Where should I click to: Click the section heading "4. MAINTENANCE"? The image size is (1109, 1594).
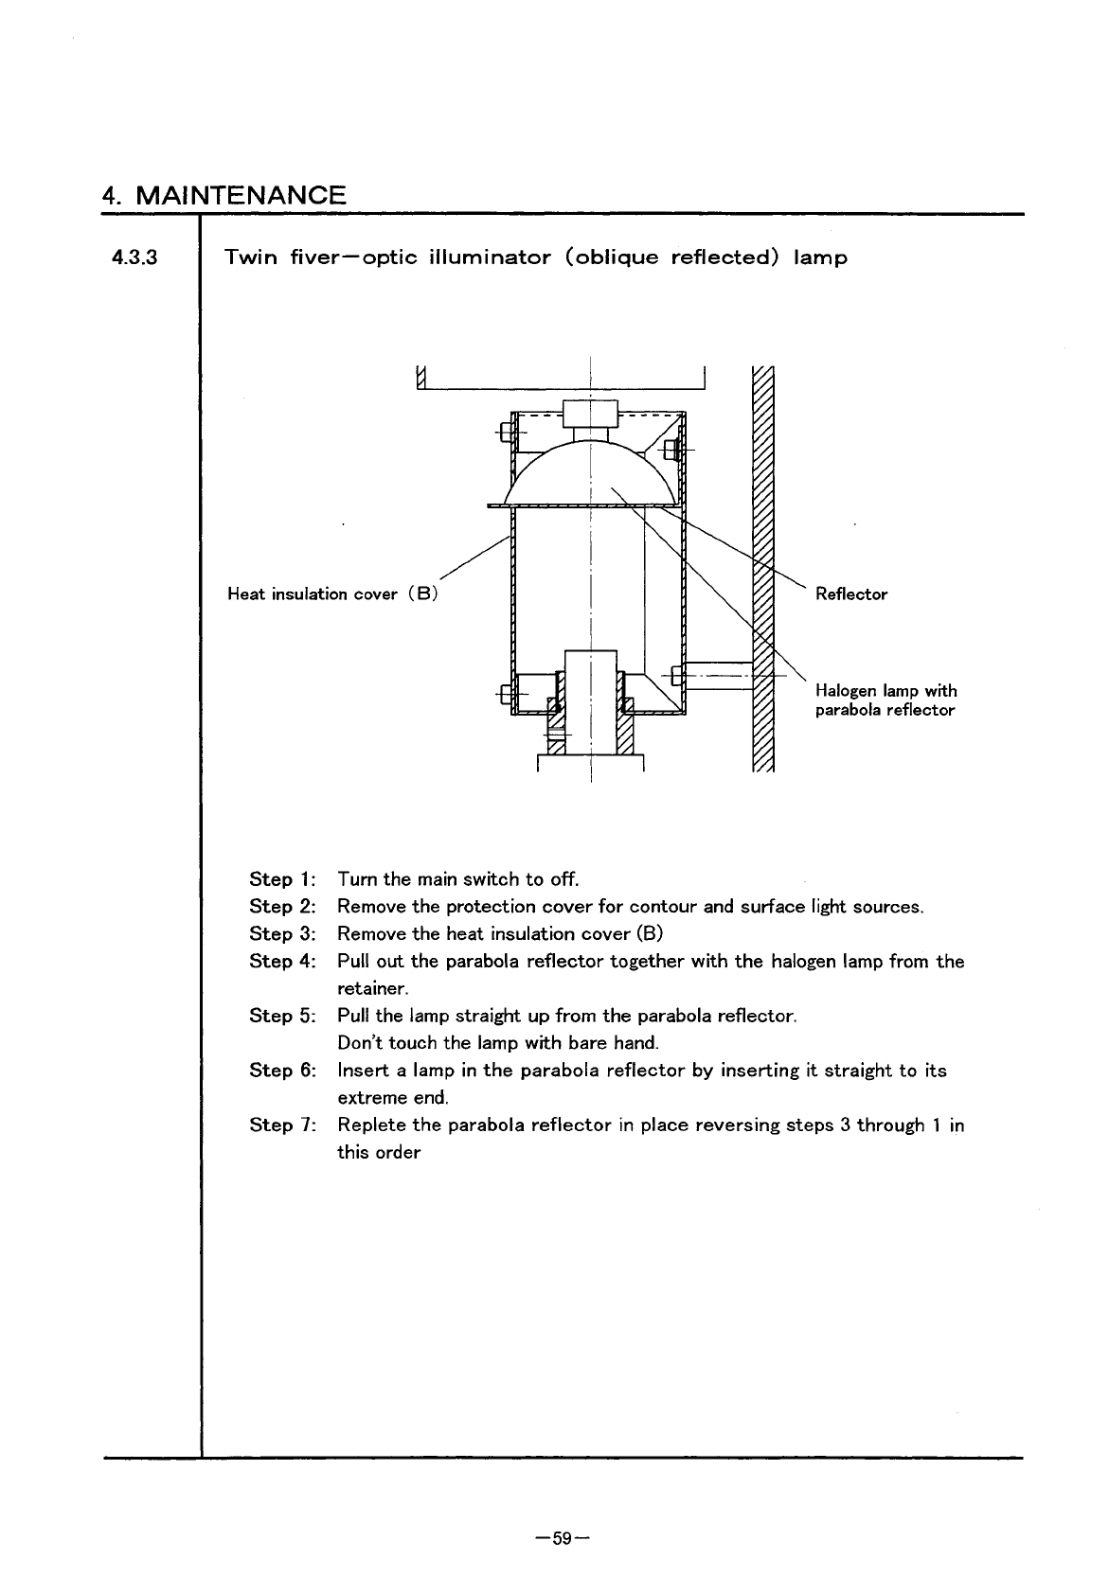(x=224, y=196)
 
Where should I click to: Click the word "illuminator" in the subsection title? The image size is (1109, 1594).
(x=490, y=257)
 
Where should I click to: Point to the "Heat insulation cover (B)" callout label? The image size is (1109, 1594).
(x=331, y=594)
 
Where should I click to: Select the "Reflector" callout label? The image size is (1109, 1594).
(x=851, y=594)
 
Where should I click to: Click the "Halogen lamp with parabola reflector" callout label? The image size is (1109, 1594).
(x=885, y=700)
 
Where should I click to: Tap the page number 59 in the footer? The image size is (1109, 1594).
(x=563, y=1539)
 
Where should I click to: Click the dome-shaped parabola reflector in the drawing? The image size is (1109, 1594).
(x=591, y=473)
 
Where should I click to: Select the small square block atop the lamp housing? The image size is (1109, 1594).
(x=590, y=414)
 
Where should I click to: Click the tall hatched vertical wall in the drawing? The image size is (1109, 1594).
(x=762, y=568)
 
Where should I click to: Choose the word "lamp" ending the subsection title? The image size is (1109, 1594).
(x=820, y=257)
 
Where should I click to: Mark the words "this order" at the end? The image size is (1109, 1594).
(x=379, y=1153)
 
